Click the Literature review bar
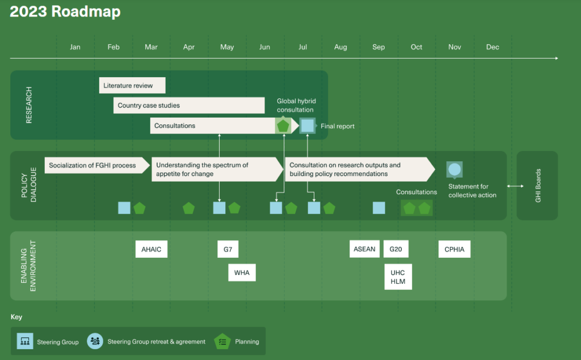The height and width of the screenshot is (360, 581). click(x=132, y=85)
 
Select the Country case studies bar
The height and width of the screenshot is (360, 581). click(x=189, y=105)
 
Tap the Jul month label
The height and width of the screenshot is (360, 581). click(x=303, y=47)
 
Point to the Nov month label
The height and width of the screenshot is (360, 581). click(x=454, y=47)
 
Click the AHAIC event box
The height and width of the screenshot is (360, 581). click(x=151, y=249)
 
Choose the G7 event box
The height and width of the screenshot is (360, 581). click(x=228, y=249)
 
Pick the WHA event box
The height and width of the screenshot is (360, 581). click(x=242, y=273)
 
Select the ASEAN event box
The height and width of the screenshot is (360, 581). click(x=364, y=249)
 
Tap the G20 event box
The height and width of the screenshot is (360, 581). click(x=395, y=249)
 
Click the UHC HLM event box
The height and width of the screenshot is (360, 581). click(x=398, y=277)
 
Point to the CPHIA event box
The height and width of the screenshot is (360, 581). click(x=454, y=249)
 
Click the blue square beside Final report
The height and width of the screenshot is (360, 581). click(x=308, y=125)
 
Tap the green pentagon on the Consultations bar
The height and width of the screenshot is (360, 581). click(x=283, y=125)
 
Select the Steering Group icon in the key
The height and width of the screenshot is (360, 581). click(x=25, y=341)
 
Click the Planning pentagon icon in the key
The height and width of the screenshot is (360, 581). click(x=222, y=341)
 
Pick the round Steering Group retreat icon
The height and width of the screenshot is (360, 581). click(x=95, y=341)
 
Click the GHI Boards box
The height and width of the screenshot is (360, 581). click(x=537, y=185)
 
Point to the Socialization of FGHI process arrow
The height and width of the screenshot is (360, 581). click(x=97, y=165)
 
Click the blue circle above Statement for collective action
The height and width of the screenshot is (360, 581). click(x=454, y=169)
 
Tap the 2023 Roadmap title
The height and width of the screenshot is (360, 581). click(x=65, y=11)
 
